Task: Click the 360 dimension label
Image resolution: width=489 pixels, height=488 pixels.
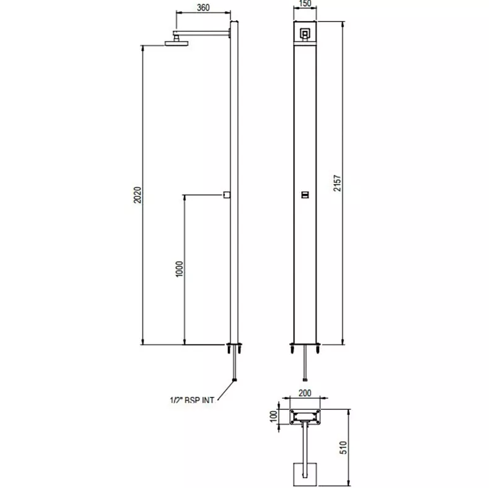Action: tap(203, 7)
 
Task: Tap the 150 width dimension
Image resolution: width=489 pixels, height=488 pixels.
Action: tap(305, 4)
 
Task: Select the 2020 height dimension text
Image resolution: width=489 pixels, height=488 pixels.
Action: tap(137, 195)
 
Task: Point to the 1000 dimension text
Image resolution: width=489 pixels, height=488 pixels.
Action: tap(179, 269)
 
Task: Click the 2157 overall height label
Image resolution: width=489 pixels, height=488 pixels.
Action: tap(337, 183)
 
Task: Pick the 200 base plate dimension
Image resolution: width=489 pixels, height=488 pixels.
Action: tap(305, 393)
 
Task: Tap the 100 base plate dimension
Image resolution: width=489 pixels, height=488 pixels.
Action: tap(273, 417)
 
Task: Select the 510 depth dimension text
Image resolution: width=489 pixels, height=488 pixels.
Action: tap(343, 448)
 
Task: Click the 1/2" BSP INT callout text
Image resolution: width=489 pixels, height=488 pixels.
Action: tap(192, 400)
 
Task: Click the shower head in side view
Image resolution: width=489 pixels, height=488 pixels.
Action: tap(177, 43)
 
